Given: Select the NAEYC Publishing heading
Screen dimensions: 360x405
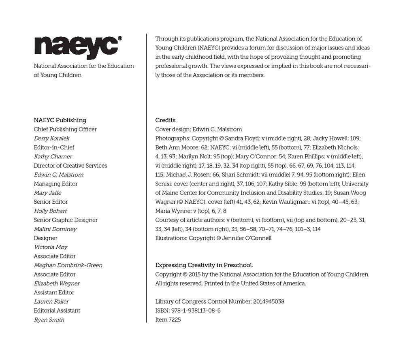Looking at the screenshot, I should point(60,120).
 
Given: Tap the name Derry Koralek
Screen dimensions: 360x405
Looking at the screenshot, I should point(51,138).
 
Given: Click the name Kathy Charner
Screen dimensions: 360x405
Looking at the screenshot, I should point(53,157).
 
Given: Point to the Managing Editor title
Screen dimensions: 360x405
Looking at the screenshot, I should point(55,184).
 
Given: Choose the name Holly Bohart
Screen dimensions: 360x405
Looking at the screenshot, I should point(50,211).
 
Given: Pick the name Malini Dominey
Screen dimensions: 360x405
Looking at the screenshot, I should point(55,229).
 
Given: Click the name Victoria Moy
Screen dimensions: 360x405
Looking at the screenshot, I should point(51,247).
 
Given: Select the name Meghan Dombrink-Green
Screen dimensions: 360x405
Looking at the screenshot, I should point(68,266).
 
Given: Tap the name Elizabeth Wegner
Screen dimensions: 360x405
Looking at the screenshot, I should point(57,283).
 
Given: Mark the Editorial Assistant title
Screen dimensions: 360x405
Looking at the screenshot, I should point(57,311).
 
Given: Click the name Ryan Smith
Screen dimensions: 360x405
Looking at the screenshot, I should point(49,320).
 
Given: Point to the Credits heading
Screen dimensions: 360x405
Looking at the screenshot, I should point(165,120).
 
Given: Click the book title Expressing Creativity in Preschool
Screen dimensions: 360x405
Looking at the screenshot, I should point(204,266).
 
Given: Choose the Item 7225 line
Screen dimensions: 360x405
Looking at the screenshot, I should point(168,320).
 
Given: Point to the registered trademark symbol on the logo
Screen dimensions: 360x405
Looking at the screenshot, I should point(120,38).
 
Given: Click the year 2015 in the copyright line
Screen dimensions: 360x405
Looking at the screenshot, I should point(192,275).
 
